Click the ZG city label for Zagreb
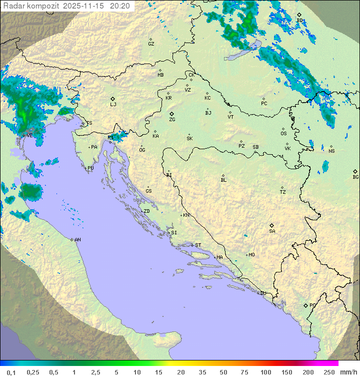coord(172,120)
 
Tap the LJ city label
coord(113,105)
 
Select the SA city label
coord(272,231)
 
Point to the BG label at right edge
coord(355,177)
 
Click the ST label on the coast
coord(198,245)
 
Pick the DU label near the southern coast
coord(262,293)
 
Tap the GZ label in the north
coord(151,44)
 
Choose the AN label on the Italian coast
coord(77,240)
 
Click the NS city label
coord(331,151)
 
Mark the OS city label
coord(283,134)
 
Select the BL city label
coord(223,180)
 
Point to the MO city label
coord(251,255)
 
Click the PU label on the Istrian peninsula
coord(90,168)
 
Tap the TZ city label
coord(283,192)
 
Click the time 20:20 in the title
coord(120,6)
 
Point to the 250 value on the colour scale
coord(329,372)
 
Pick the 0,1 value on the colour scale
coord(11,372)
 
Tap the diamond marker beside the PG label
coord(305,305)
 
